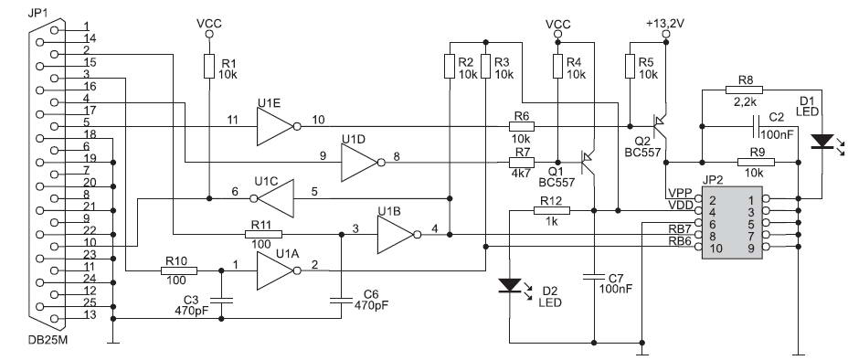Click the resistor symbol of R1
point(209,66)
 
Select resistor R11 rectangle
point(263,235)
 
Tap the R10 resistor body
point(179,270)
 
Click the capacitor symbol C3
point(221,301)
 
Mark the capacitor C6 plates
point(342,301)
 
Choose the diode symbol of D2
point(510,285)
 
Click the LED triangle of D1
point(822,142)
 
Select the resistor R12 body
point(552,211)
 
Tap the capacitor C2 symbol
point(756,126)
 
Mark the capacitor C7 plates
point(594,279)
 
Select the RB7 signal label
point(680,230)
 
